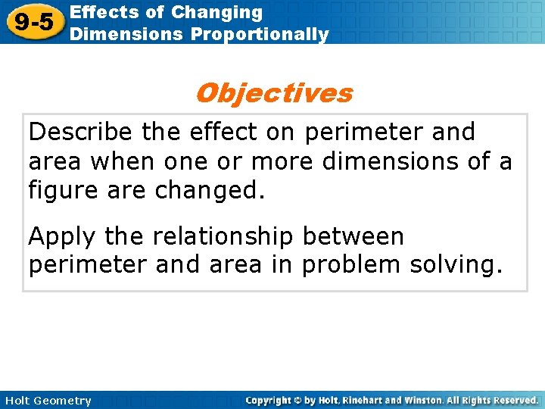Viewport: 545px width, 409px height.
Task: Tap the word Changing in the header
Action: [216, 12]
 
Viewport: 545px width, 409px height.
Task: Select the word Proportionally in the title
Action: [260, 34]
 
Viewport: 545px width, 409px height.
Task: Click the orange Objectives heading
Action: [273, 93]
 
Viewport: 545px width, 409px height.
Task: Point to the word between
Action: [353, 237]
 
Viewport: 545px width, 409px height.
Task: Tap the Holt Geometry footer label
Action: [47, 401]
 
